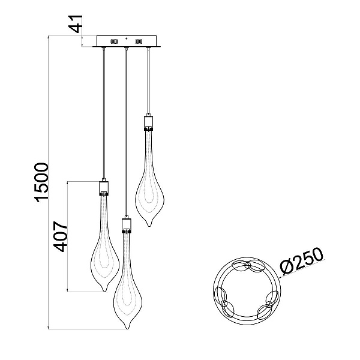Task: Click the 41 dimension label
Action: tap(76, 24)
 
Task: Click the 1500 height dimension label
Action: tap(41, 182)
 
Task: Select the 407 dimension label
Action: tap(61, 237)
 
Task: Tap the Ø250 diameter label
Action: tap(302, 261)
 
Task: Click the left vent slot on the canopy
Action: tap(114, 41)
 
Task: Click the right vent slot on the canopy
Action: tap(139, 41)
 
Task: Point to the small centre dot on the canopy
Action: tap(126, 38)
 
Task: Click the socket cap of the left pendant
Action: tap(104, 187)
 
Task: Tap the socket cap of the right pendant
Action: tap(149, 122)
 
